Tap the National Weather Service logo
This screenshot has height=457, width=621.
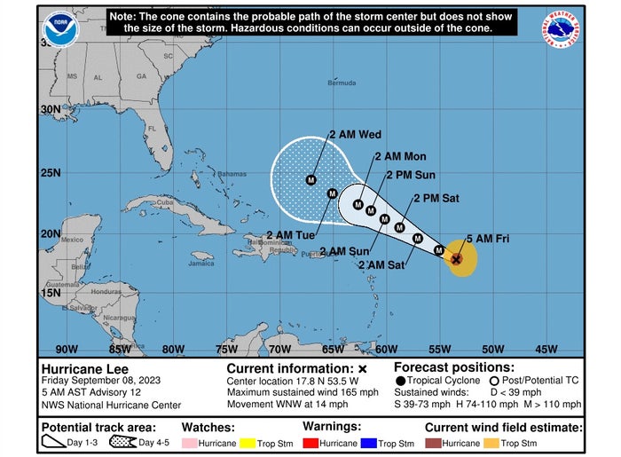[x=560, y=29]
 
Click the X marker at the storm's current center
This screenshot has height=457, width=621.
[x=456, y=259]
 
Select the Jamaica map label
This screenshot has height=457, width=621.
[x=200, y=264]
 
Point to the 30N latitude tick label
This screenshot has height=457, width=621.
[x=50, y=109]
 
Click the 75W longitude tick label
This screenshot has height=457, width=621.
[x=226, y=349]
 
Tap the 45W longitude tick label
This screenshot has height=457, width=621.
[x=546, y=349]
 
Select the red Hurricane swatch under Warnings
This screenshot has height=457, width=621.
[x=310, y=443]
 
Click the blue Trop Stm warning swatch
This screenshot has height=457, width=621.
[x=373, y=443]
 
